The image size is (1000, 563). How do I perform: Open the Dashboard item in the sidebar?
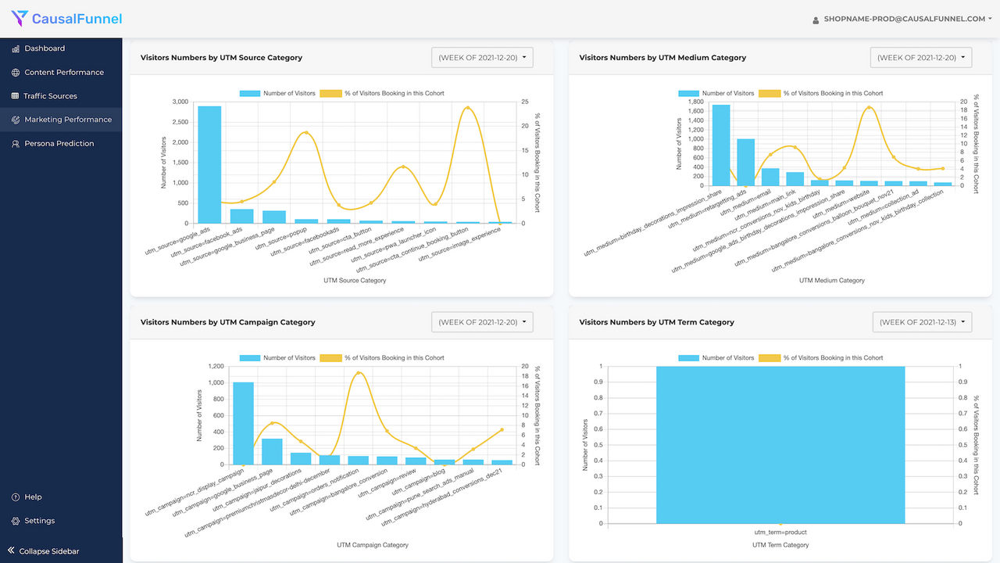point(45,48)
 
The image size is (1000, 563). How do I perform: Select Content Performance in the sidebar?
point(63,72)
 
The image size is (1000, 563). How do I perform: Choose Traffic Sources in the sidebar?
point(50,96)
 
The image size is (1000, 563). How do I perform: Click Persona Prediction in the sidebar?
point(59,144)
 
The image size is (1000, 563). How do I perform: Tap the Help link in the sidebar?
point(33,497)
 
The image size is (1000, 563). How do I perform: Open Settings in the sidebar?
point(39,521)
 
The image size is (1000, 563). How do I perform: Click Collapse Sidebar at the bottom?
point(48,551)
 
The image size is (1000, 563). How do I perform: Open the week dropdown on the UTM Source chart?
point(482,58)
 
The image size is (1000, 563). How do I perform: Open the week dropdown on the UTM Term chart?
point(922,322)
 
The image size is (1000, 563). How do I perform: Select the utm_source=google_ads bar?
point(209,164)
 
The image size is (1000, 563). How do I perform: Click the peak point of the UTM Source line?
point(467,108)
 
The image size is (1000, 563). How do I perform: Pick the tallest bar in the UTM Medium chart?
point(721,145)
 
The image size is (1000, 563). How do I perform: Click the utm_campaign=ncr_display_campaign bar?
point(243,423)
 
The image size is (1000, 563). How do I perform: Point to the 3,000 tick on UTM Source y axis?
point(180,102)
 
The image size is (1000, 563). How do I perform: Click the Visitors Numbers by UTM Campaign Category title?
point(227,322)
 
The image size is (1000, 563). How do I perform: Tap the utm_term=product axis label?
point(780,533)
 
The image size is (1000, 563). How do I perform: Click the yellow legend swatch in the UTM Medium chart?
point(770,93)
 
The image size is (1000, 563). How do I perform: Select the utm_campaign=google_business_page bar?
point(272,451)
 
